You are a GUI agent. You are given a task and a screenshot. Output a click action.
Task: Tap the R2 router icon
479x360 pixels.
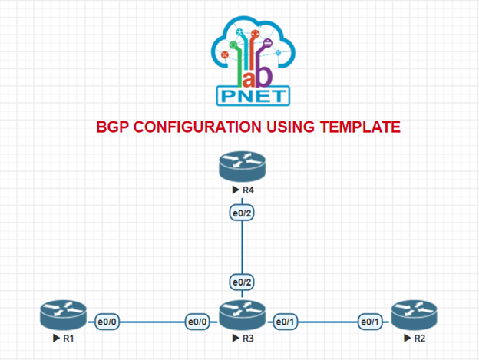(x=414, y=315)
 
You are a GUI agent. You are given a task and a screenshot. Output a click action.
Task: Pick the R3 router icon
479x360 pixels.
(x=241, y=315)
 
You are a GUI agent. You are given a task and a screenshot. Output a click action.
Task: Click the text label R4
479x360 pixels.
(x=246, y=189)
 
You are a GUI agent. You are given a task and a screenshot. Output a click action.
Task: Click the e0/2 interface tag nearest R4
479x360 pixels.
(x=241, y=213)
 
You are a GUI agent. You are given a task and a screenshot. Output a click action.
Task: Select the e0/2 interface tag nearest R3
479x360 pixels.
(x=241, y=282)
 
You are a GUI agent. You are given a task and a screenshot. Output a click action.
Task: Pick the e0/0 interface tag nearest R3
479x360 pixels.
(x=198, y=322)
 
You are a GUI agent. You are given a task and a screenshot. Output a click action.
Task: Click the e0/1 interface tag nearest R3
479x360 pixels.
(x=284, y=322)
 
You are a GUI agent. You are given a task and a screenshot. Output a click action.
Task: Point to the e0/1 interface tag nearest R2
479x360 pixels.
(x=370, y=322)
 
